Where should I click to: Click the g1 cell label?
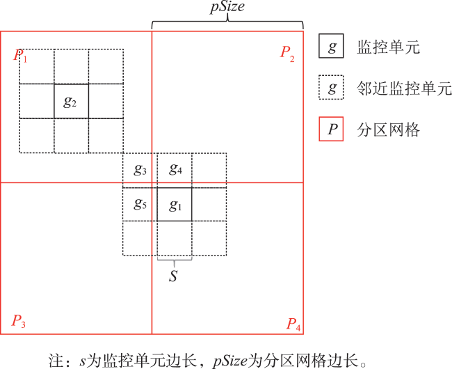tap(175, 205)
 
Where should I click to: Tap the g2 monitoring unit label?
tap(70, 102)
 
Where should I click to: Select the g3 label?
tap(140, 169)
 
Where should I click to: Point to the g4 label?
tap(175, 168)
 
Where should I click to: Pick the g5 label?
tap(140, 204)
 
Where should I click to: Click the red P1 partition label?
tap(20, 55)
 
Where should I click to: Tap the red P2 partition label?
tap(287, 54)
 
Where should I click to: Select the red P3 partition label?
tap(19, 321)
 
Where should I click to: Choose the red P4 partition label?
tap(293, 324)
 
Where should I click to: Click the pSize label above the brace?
tap(227, 7)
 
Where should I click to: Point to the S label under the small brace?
tap(173, 276)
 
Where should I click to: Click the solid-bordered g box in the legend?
tap(331, 46)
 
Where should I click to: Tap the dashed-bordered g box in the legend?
tap(331, 88)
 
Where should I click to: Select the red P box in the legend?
tap(331, 129)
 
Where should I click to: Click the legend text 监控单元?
tap(388, 47)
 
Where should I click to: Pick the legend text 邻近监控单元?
tap(404, 88)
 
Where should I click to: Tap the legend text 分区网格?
tap(388, 129)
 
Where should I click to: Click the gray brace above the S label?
tap(175, 260)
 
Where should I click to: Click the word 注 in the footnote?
tap(56, 360)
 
